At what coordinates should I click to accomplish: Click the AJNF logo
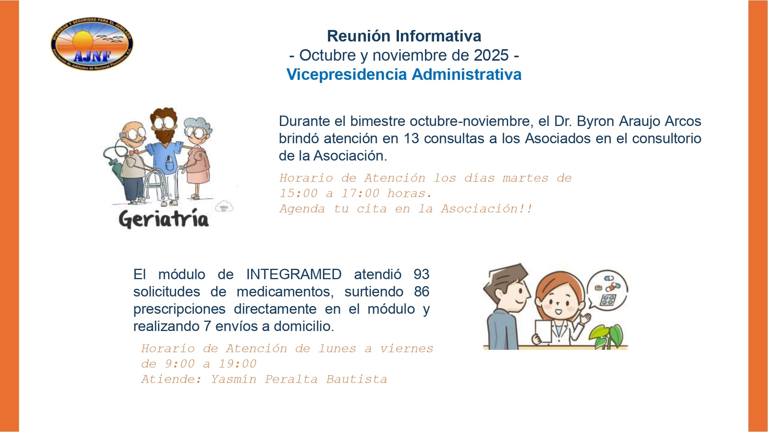(x=92, y=44)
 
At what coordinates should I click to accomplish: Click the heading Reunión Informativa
(x=404, y=36)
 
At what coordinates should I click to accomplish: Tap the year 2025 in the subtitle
(x=491, y=55)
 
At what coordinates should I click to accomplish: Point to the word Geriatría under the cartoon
(x=164, y=219)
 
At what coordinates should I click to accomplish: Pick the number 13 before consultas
(x=411, y=139)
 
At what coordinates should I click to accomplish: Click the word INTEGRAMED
(x=294, y=275)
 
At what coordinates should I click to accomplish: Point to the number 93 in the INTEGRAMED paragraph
(x=421, y=275)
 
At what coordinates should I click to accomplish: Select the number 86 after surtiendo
(x=421, y=292)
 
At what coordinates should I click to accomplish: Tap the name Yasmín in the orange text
(x=233, y=379)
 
